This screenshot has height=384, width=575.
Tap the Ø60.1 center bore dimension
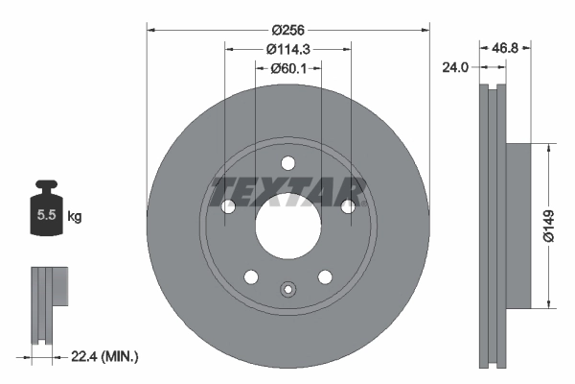coord(287,68)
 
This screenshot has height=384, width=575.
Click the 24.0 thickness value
coord(454,68)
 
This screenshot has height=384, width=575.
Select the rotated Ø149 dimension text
coord(549,227)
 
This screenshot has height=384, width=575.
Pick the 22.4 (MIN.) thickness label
coord(106,356)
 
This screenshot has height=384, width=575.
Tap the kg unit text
coord(75,217)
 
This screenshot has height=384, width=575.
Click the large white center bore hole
coord(287,227)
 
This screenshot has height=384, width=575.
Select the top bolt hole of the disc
coord(287,163)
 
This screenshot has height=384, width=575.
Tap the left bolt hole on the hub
coord(228,206)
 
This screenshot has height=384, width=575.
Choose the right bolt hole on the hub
coord(348,206)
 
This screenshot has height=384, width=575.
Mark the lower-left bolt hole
coord(251,276)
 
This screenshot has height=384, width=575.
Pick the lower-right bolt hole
coord(325,276)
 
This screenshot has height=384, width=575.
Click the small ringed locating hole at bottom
coord(287,289)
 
